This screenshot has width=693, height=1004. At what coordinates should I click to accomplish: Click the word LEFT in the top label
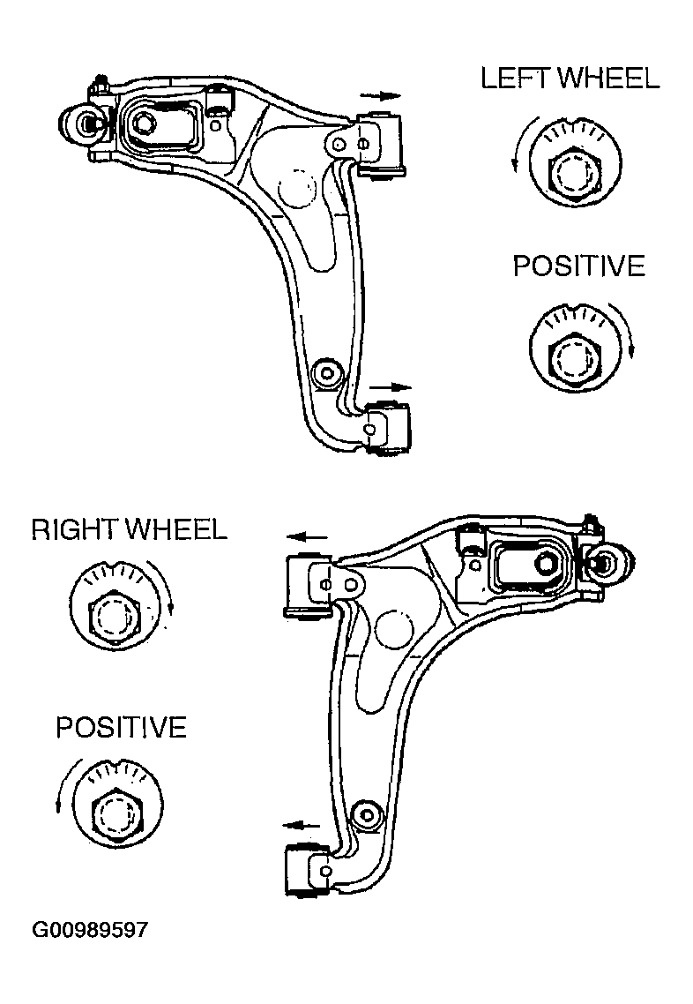pyautogui.click(x=518, y=79)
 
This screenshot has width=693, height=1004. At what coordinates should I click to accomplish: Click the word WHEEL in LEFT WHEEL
pyautogui.click(x=608, y=79)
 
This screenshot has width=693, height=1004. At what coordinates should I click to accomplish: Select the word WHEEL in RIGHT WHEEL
pyautogui.click(x=176, y=529)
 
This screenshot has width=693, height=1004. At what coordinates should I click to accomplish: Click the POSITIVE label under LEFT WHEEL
pyautogui.click(x=579, y=266)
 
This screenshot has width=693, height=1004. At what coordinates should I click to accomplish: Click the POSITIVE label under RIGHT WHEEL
pyautogui.click(x=121, y=727)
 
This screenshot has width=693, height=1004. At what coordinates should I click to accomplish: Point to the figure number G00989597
pyautogui.click(x=90, y=930)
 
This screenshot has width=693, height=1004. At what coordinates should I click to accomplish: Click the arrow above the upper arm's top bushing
pyautogui.click(x=380, y=96)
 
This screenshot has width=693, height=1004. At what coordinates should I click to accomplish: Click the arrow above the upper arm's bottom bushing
pyautogui.click(x=391, y=387)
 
